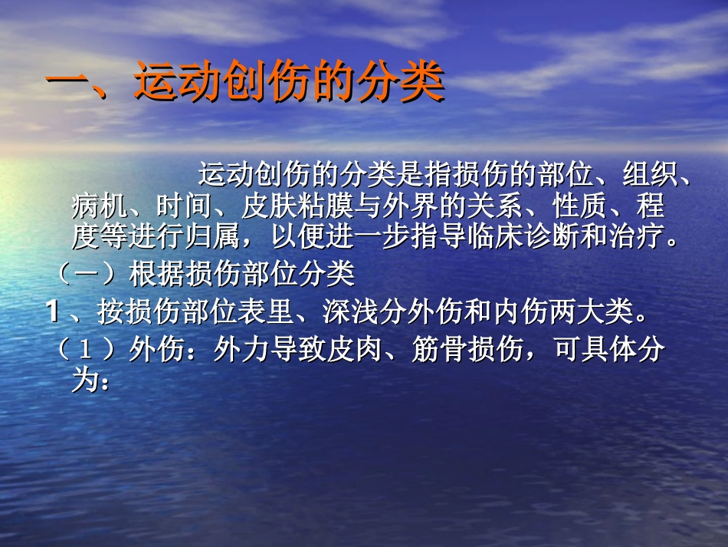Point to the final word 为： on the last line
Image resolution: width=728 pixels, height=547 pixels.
click(x=92, y=381)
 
